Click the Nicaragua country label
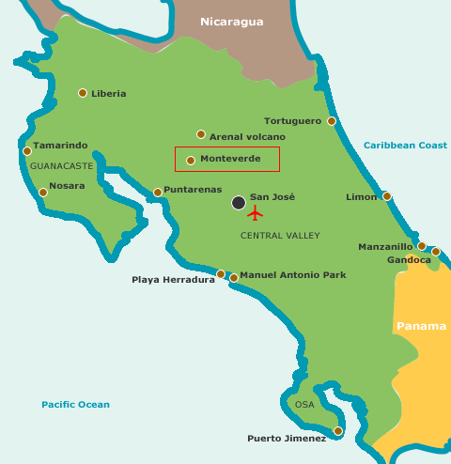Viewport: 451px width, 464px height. (232, 22)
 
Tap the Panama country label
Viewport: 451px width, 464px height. (421, 326)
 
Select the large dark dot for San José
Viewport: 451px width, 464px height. (239, 202)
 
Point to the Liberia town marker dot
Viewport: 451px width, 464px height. (83, 93)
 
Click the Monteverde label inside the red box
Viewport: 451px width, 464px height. (230, 160)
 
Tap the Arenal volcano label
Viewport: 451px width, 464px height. (247, 136)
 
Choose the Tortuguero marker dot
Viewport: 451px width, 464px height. (332, 121)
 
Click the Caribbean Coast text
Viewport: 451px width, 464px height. (405, 145)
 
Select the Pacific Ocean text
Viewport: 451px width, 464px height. (75, 405)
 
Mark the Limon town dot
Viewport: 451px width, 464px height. (387, 196)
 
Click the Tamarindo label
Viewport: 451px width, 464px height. (60, 146)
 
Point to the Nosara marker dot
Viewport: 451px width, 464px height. (43, 193)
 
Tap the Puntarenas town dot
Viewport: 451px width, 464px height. (158, 193)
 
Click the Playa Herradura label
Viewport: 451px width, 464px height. (173, 279)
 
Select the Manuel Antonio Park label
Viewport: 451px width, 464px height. (292, 275)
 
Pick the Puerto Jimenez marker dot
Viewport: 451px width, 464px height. (338, 431)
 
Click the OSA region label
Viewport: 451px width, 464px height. (304, 405)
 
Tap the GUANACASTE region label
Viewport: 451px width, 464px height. (62, 165)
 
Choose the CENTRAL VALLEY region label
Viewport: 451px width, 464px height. (280, 236)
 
